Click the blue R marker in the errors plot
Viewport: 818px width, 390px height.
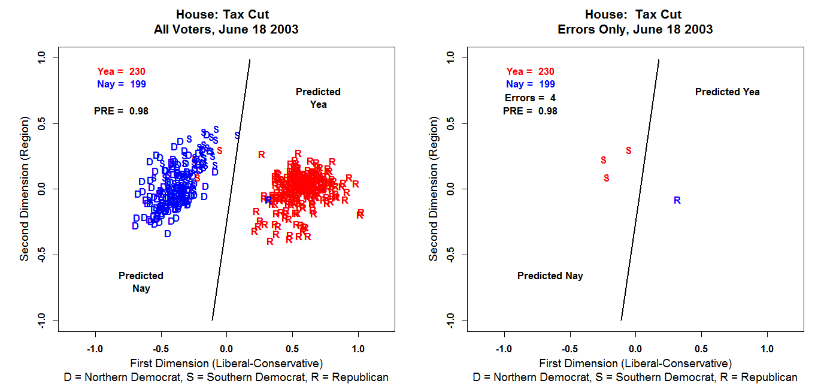point(677,201)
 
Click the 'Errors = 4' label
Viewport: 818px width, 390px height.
point(530,98)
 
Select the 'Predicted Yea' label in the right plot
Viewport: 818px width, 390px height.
point(727,92)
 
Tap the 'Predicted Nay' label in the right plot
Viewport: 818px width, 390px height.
point(550,276)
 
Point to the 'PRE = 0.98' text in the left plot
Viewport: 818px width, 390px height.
point(121,111)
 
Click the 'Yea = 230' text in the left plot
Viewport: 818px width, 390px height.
point(121,72)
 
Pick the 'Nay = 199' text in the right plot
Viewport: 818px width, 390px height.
point(530,84)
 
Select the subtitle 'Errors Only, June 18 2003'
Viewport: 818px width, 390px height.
point(635,29)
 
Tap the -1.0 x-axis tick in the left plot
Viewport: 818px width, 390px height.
point(95,349)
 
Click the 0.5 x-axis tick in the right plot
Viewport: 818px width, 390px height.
point(701,349)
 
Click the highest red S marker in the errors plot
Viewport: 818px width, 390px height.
point(628,151)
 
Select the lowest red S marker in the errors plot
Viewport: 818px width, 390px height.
point(607,178)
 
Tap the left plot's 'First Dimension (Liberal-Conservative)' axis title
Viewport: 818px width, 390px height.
point(226,363)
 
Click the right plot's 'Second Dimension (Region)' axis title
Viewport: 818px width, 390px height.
point(434,189)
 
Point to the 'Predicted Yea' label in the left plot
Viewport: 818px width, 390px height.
point(318,98)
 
